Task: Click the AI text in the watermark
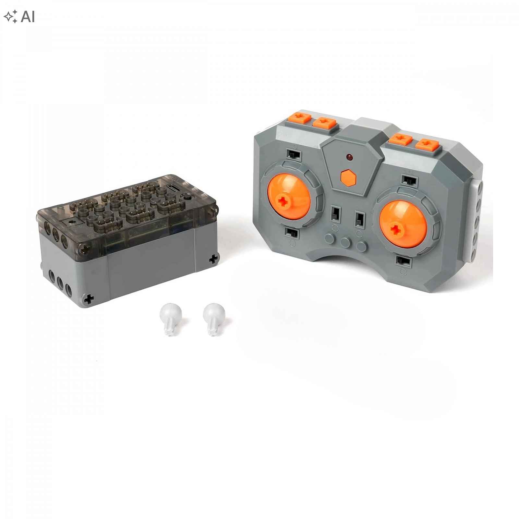pyautogui.click(x=28, y=17)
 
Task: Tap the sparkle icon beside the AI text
pyautogui.click(x=11, y=17)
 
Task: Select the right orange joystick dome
pyautogui.click(x=403, y=223)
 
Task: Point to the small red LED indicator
pyautogui.click(x=349, y=157)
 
